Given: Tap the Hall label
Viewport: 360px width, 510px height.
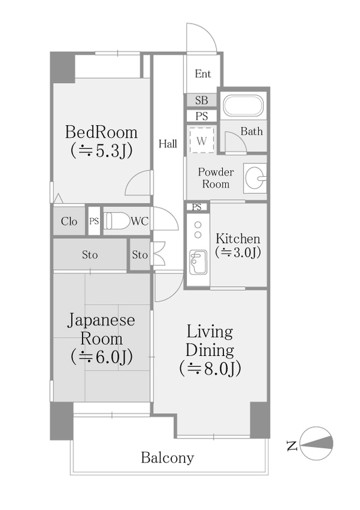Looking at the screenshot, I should point(167,143).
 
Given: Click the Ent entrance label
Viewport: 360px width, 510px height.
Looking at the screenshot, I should point(202,74).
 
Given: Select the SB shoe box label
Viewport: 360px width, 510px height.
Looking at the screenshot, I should point(201,101).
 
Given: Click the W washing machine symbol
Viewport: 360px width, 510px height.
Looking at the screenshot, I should point(202,142).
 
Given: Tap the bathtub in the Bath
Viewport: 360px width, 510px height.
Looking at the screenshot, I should point(241,108).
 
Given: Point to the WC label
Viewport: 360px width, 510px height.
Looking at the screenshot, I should point(139,221).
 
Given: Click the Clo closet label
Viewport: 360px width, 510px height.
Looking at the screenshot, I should point(69,221).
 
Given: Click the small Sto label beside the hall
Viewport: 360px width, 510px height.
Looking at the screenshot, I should point(139,256).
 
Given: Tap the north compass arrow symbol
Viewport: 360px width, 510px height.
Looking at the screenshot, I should point(318,443).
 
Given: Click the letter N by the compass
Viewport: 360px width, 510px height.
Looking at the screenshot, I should point(291,443).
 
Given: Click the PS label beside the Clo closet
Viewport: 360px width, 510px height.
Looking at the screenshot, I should point(94,221).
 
